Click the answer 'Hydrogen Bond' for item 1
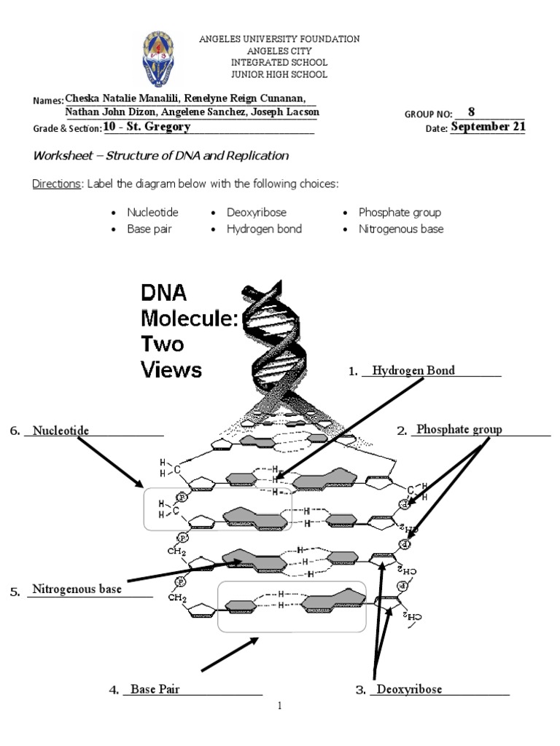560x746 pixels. (x=413, y=371)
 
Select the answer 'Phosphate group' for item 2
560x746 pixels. (x=459, y=430)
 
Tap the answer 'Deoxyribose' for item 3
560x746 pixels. (x=409, y=689)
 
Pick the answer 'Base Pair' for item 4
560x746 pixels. (x=155, y=689)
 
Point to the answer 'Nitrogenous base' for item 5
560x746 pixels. (x=77, y=589)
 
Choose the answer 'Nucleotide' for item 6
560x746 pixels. (x=61, y=431)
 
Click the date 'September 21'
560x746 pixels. (x=488, y=127)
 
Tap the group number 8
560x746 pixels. (x=471, y=112)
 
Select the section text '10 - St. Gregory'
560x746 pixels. (x=147, y=127)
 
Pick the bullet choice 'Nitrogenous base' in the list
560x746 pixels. (x=400, y=229)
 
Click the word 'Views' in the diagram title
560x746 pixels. (x=171, y=369)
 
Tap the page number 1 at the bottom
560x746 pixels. (x=280, y=706)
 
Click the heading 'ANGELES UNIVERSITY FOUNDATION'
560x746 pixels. (x=279, y=39)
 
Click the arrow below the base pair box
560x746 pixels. (x=230, y=654)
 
